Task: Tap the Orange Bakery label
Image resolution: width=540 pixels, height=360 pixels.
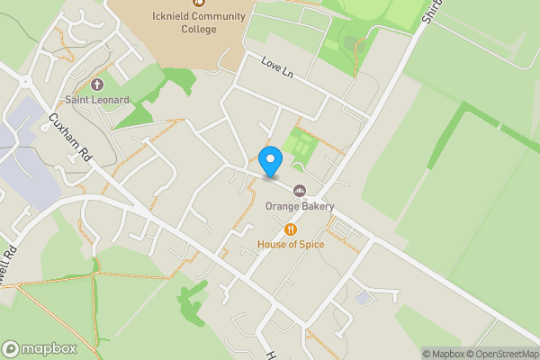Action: [299, 206]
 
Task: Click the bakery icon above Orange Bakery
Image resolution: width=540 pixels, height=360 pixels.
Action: [300, 190]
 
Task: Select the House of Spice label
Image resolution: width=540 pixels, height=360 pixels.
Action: [290, 244]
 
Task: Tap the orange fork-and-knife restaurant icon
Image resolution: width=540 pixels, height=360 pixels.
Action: [290, 229]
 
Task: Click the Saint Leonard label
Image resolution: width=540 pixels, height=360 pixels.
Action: [96, 99]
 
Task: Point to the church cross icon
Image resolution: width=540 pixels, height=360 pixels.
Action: [97, 84]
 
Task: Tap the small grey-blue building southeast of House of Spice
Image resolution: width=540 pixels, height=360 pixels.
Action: [363, 297]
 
